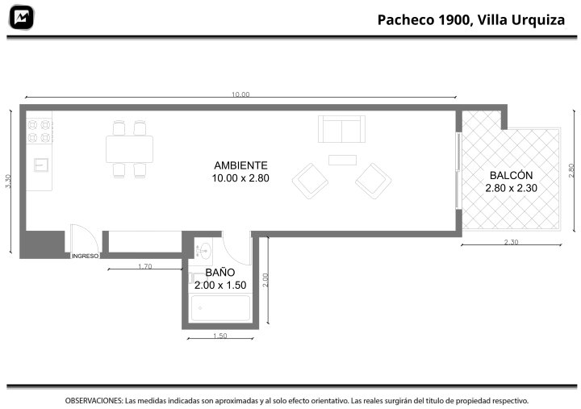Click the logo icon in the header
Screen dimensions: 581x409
22,18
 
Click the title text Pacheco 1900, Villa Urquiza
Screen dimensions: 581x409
471,19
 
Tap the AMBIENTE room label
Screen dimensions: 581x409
240,165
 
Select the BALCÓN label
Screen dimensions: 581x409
512,175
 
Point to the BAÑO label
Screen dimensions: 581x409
220,273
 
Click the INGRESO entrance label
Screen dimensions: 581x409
86,256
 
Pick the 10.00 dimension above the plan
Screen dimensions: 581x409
240,94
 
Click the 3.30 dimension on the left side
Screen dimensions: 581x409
9,182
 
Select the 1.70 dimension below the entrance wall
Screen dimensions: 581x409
145,266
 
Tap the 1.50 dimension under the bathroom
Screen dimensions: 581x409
220,336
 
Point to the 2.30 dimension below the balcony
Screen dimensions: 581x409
512,242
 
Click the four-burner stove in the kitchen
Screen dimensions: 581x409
40,131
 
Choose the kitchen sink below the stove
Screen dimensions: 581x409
41,165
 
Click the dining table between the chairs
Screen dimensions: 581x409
129,149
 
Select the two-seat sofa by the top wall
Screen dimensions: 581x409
341,129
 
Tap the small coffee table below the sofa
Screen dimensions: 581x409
342,160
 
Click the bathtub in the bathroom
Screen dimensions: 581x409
220,308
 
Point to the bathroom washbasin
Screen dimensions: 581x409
203,250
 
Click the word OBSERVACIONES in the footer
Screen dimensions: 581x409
94,401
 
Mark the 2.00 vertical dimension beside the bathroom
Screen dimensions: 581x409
265,280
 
